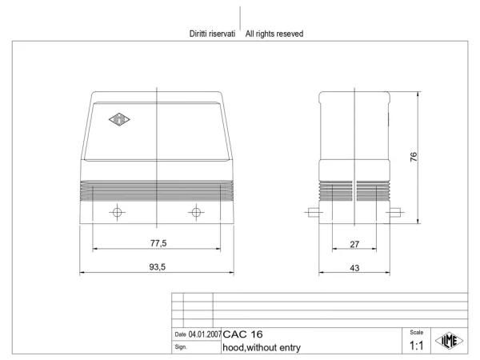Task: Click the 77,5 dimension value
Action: [x=158, y=243]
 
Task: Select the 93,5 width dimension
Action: [x=158, y=267]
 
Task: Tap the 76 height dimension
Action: [x=414, y=157]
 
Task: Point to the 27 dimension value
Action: [x=354, y=244]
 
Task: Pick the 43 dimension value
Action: [x=354, y=268]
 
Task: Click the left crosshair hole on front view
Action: [x=118, y=212]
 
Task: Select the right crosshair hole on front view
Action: [x=196, y=212]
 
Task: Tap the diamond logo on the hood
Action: [x=119, y=119]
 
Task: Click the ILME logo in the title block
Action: [x=450, y=341]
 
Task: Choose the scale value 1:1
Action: [x=416, y=346]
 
